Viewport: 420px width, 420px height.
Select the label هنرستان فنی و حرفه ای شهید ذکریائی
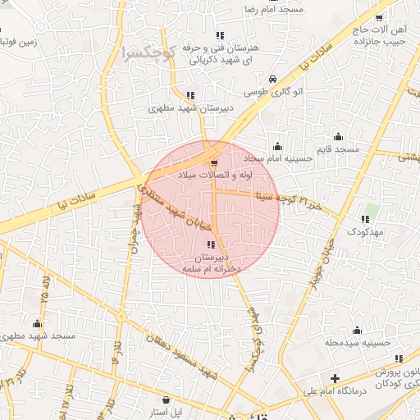[x=219, y=53]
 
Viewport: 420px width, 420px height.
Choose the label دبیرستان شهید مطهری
[x=191, y=107]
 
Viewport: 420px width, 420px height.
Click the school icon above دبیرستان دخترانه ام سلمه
[x=211, y=245]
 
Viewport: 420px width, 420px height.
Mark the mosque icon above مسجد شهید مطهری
[x=38, y=323]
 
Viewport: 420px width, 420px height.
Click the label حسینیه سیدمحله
[x=355, y=342]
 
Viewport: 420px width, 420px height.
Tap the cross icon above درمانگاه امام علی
[x=333, y=379]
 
